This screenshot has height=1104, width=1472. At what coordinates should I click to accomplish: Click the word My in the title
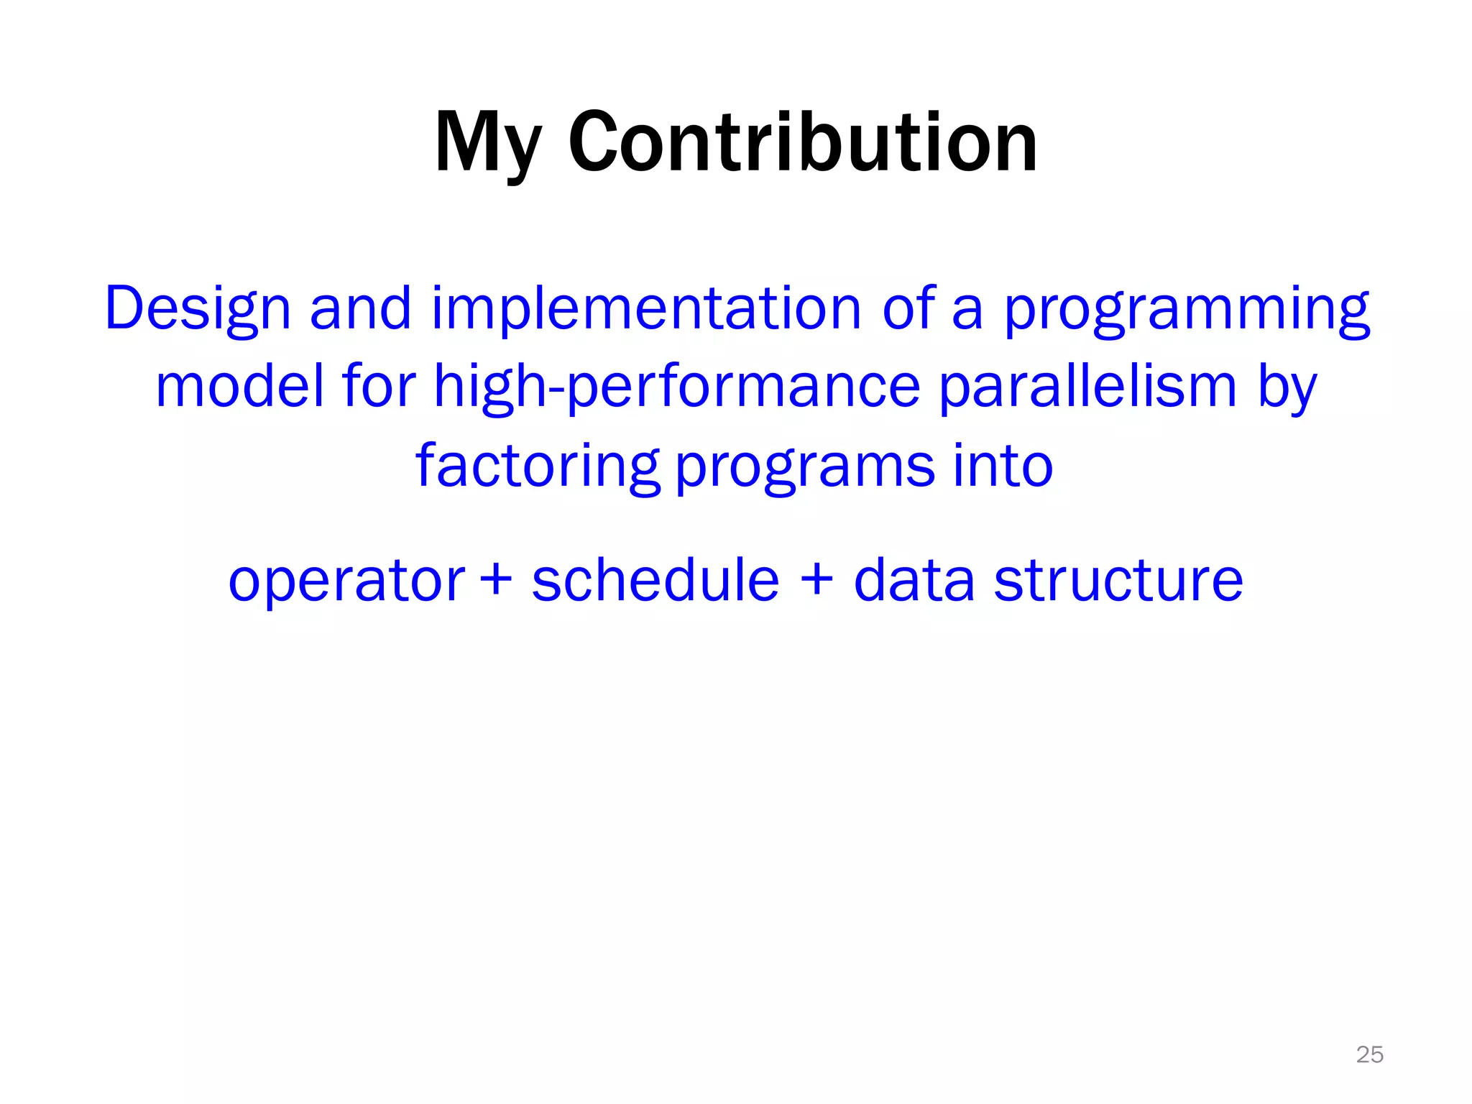pos(487,144)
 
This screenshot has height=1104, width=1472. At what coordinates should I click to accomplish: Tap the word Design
pos(198,309)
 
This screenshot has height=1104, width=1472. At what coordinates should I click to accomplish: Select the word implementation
pos(646,309)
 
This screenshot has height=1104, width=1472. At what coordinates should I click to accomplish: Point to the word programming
pos(1187,309)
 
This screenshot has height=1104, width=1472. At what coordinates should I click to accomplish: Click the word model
pos(239,387)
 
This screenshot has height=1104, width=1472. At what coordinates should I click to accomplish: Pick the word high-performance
pos(676,387)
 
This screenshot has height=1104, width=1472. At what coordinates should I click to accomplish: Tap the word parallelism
pos(1087,387)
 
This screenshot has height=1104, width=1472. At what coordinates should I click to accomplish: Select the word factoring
pos(537,466)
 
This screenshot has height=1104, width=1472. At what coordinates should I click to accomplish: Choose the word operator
pos(346,581)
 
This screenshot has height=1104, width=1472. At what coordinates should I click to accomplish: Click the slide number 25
pos(1369,1054)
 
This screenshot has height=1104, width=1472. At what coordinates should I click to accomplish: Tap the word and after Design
pos(360,309)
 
